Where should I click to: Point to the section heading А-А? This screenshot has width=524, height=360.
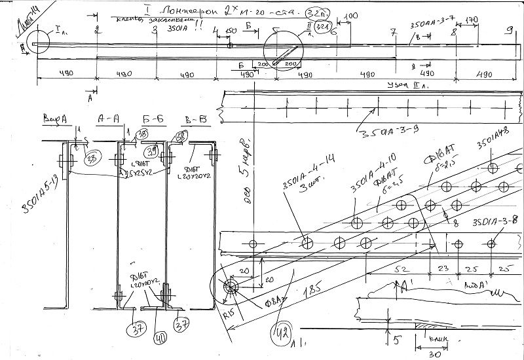(x=106, y=118)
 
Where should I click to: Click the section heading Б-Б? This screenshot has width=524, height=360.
(x=153, y=118)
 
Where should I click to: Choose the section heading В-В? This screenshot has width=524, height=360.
(x=195, y=118)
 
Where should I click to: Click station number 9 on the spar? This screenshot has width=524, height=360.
(x=508, y=31)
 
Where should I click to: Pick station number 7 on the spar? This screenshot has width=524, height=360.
(x=392, y=31)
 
